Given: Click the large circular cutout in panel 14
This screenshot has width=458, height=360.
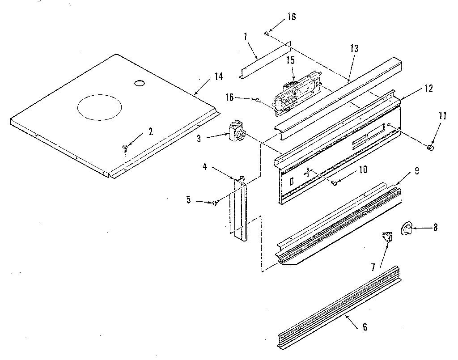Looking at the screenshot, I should coord(99,109).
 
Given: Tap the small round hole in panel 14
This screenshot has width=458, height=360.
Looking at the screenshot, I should coord(139,83).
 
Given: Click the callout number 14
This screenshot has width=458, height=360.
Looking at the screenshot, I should coord(218,76).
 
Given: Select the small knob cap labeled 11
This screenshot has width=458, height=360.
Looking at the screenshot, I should coord(431,147).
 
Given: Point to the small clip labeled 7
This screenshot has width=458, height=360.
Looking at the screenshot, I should coord(387,236).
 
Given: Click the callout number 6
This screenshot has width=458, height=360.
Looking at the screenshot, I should coord(365,327).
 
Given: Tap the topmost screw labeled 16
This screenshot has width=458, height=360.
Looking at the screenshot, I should coord(267,33).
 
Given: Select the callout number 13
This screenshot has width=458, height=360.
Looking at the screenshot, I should coord(354,49).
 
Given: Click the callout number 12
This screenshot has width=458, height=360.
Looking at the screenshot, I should coord(428,88).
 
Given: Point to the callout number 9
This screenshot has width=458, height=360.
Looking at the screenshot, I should coord(416,170).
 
